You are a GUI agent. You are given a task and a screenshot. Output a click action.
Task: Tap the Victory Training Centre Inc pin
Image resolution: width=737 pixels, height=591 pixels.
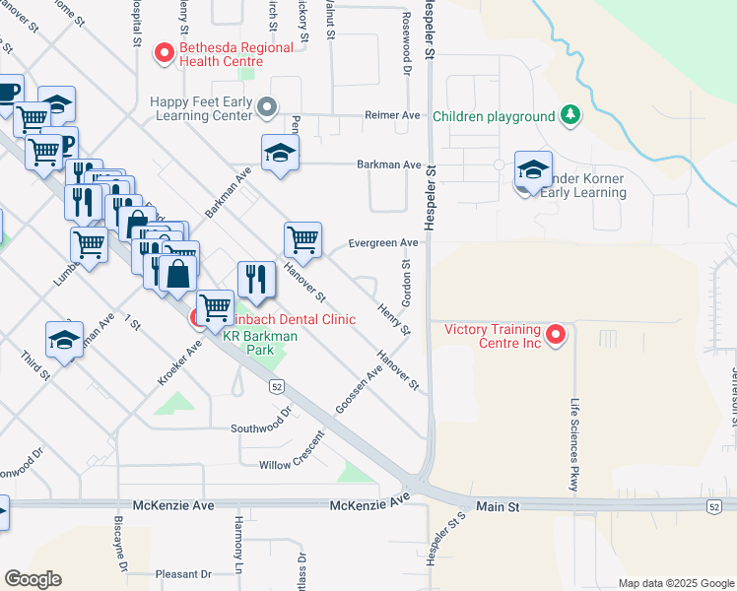(556, 335)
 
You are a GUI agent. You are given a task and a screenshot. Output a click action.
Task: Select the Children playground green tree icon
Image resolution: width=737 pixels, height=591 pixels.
(569, 116)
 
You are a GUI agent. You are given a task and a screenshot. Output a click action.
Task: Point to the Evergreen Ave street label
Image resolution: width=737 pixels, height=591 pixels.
(383, 242)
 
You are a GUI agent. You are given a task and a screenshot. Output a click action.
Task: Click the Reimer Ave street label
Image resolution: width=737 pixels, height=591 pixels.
(392, 115)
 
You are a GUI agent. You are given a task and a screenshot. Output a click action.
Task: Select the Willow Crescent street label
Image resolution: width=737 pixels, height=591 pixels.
(291, 464)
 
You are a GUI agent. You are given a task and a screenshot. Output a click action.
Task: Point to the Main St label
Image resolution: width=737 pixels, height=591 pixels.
(499, 506)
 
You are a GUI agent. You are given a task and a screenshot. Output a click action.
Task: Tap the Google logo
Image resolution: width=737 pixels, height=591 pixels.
(32, 579)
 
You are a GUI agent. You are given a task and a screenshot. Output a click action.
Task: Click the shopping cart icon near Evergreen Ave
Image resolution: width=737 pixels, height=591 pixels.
(303, 239)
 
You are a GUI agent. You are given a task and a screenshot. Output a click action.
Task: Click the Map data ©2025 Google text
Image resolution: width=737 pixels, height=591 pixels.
(674, 583)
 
